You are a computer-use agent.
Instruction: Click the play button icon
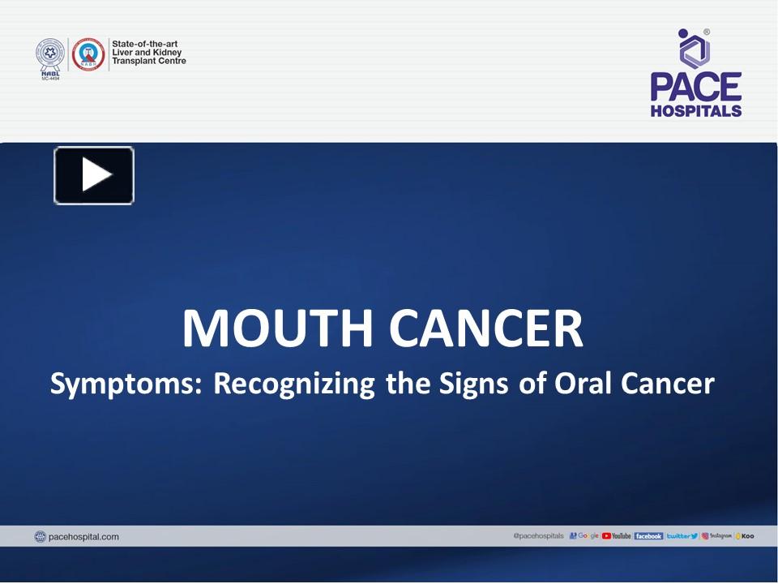point(94,175)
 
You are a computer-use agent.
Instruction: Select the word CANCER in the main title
point(486,328)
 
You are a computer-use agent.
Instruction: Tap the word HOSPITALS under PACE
point(695,110)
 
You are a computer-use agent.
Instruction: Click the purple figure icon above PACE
point(694,49)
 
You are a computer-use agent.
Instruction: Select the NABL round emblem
point(49,54)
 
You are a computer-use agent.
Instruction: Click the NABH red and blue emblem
point(88,54)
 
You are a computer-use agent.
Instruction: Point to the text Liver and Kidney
point(146,53)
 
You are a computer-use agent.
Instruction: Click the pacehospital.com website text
point(83,536)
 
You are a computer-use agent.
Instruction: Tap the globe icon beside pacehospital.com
point(41,536)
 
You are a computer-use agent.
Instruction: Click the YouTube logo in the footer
point(617,536)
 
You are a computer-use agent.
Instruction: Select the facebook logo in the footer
point(648,536)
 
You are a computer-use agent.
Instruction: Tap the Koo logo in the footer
point(745,536)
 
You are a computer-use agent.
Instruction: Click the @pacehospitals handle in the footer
point(538,536)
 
